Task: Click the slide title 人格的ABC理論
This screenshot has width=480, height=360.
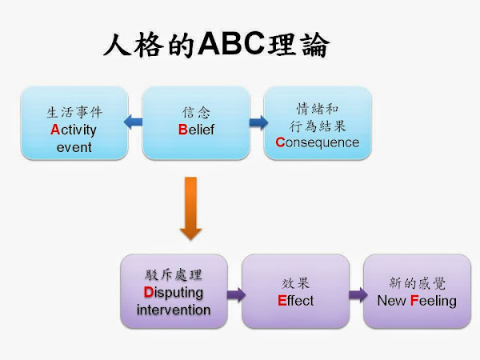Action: point(216,45)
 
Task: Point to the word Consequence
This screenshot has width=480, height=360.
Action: point(318,142)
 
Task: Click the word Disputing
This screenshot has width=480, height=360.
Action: point(174,292)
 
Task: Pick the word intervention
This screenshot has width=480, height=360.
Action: point(174,310)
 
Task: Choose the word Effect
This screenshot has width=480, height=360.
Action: point(296,301)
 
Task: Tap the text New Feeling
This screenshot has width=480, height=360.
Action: point(417,301)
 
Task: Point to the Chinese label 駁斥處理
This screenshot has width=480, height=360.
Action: point(174,274)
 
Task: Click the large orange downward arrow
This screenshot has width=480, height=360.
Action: point(190,209)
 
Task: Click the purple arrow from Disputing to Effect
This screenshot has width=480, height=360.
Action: point(235,294)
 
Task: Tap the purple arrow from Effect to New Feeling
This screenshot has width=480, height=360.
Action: point(357,294)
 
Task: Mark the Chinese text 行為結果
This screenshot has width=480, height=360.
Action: point(318,125)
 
